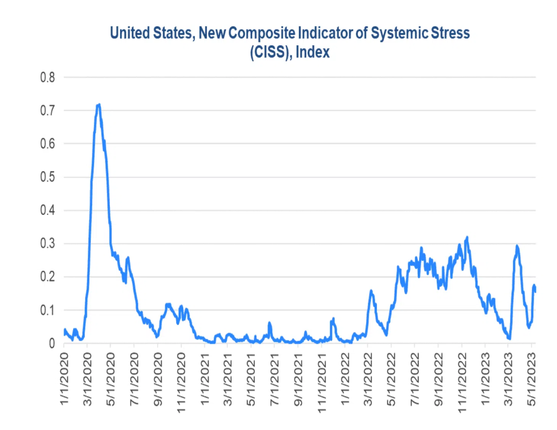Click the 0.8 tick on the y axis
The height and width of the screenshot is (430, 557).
tap(47, 78)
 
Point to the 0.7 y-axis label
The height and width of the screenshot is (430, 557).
tap(47, 111)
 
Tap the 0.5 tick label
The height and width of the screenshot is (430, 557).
tap(47, 177)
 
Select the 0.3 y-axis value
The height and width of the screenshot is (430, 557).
tap(47, 244)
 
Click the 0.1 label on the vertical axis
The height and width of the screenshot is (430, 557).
tap(47, 310)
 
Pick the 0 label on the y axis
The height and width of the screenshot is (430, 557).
tap(52, 343)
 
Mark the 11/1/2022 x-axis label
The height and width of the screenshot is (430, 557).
tap(463, 377)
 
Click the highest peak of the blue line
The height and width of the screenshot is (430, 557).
tap(99, 105)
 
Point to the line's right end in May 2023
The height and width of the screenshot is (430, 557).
tap(535, 291)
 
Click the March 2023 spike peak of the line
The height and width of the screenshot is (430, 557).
tap(517, 246)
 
